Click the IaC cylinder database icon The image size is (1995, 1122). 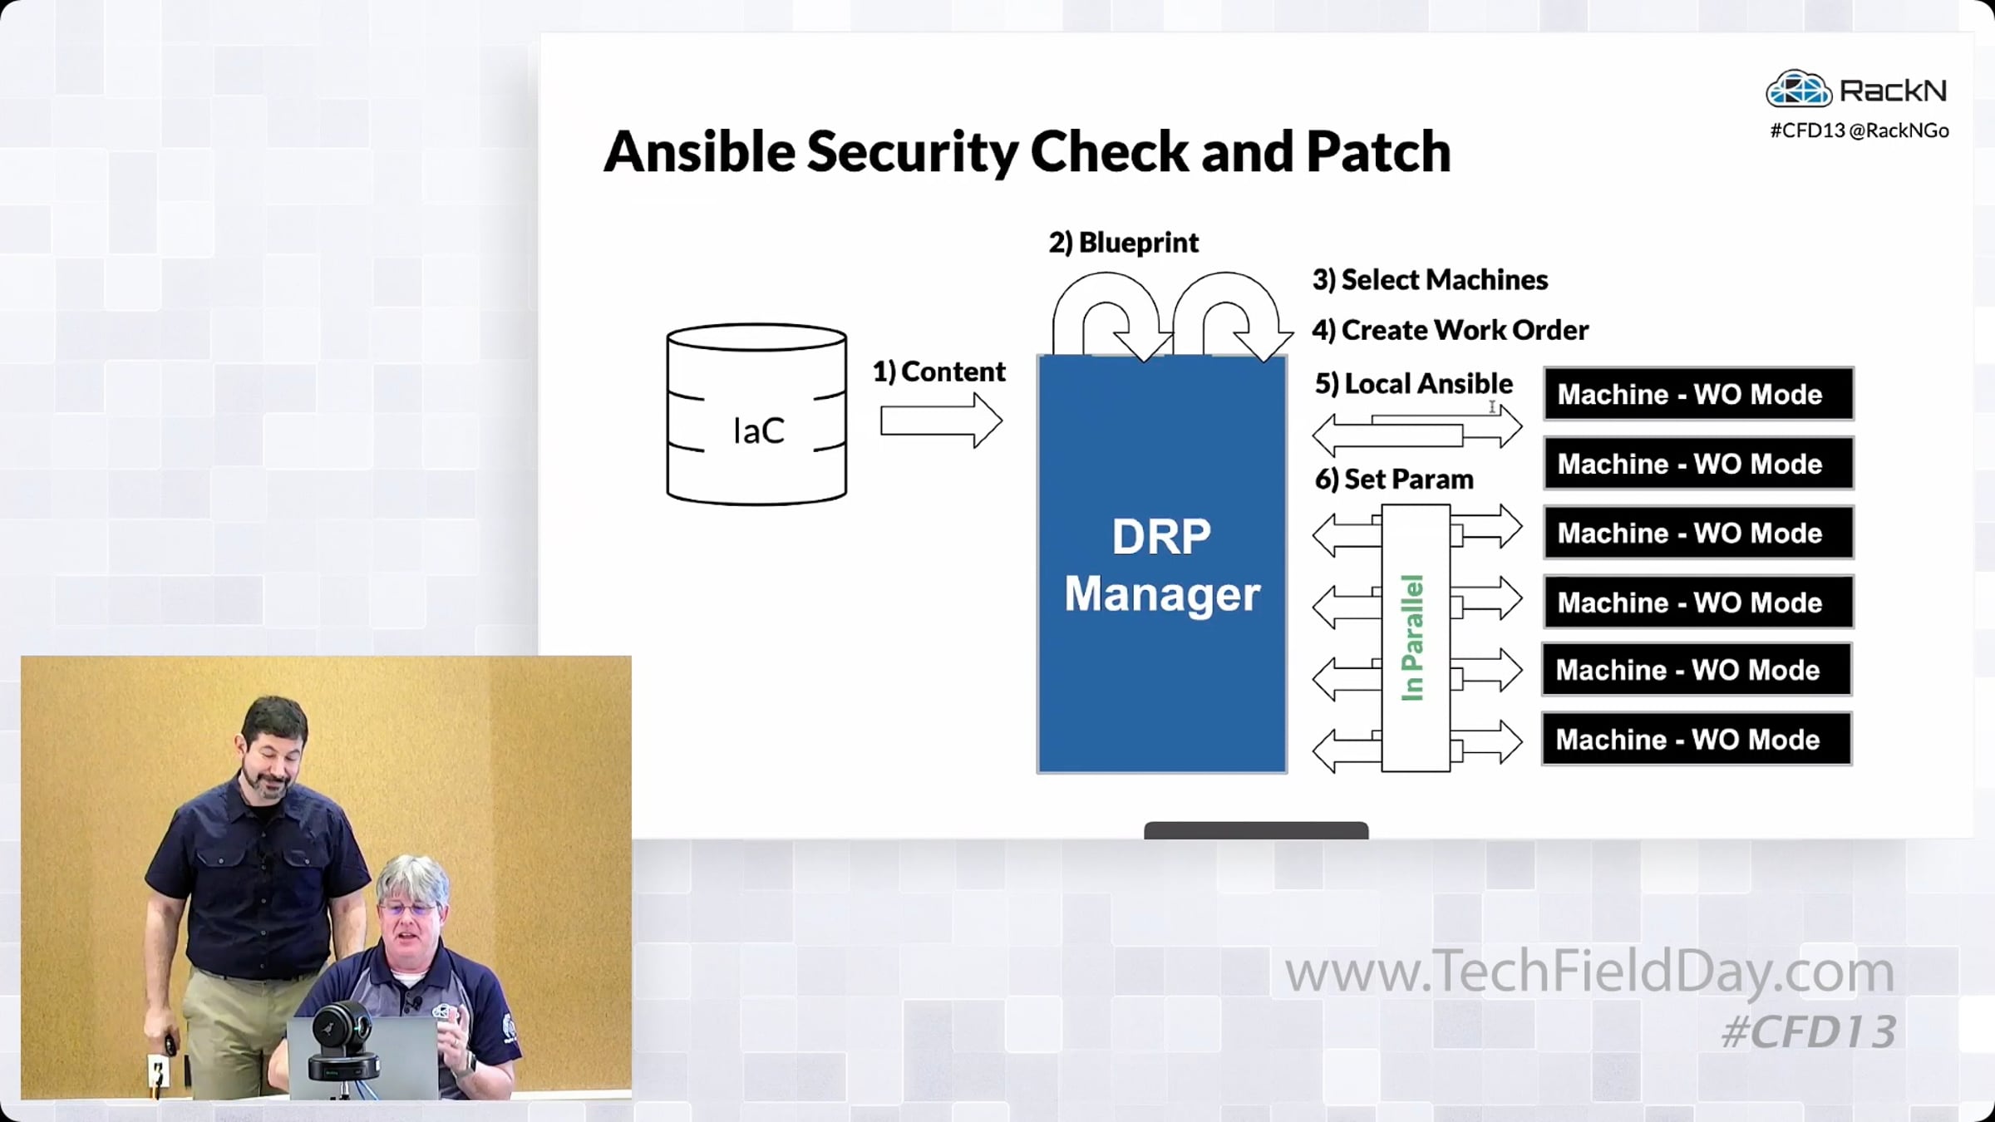click(756, 415)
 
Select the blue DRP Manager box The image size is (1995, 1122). click(1161, 564)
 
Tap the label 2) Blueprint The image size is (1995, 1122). click(1123, 243)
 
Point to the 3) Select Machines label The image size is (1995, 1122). click(1430, 280)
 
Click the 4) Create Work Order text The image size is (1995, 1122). click(1450, 330)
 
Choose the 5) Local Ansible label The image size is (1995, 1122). click(1413, 383)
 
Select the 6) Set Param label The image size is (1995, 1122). click(1393, 480)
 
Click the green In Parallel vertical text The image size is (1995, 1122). click(1413, 637)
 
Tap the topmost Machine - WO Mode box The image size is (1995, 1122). click(1697, 394)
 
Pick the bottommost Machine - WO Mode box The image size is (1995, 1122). click(1696, 739)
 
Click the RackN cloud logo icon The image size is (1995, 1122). click(1798, 90)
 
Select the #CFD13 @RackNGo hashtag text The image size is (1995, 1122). click(1859, 130)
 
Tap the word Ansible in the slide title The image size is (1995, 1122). click(699, 152)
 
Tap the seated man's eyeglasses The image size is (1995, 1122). click(409, 909)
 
